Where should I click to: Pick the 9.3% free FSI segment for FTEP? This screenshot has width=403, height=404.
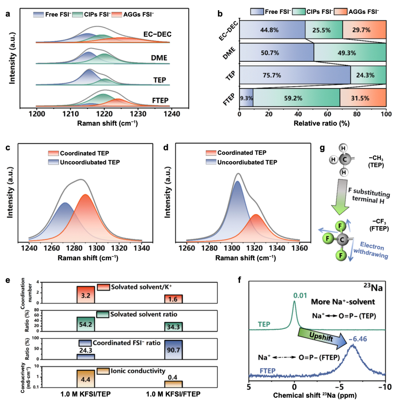pyautogui.click(x=246, y=98)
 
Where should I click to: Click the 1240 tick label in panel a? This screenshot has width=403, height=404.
pyautogui.click(x=172, y=114)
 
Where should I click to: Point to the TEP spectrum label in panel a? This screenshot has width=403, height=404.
pyautogui.click(x=160, y=80)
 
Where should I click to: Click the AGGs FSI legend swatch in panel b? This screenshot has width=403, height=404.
pyautogui.click(x=340, y=12)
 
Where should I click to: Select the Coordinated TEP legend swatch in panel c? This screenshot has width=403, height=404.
pyautogui.click(x=53, y=153)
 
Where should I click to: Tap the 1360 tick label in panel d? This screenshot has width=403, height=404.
pyautogui.click(x=300, y=248)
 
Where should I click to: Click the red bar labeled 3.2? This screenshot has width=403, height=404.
pyautogui.click(x=86, y=295)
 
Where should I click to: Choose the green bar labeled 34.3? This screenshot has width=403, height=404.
pyautogui.click(x=173, y=327)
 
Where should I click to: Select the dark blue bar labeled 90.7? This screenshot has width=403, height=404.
pyautogui.click(x=173, y=350)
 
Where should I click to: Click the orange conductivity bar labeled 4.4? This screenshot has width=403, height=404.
pyautogui.click(x=86, y=379)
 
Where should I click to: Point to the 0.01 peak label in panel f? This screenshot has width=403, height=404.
pyautogui.click(x=300, y=296)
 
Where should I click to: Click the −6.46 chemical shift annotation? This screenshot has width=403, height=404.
pyautogui.click(x=358, y=339)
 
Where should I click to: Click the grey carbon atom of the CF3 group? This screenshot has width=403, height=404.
pyautogui.click(x=342, y=240)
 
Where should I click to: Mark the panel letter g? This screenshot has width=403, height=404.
pyautogui.click(x=322, y=148)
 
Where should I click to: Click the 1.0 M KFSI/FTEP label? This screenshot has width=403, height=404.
pyautogui.click(x=173, y=394)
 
